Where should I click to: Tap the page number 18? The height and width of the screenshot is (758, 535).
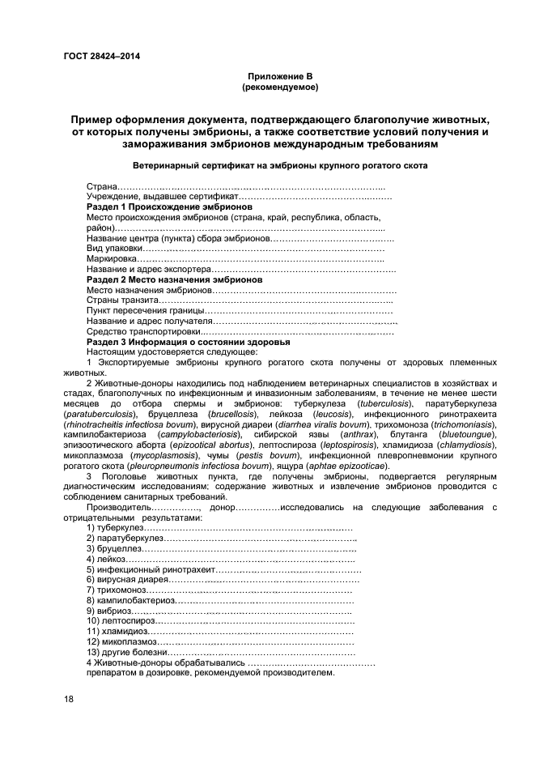69,699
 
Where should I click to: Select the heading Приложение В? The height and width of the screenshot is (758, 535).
279,75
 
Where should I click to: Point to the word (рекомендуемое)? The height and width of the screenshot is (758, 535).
279,86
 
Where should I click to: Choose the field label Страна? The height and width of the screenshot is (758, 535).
102,187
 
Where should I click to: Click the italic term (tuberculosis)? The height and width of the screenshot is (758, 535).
385,402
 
